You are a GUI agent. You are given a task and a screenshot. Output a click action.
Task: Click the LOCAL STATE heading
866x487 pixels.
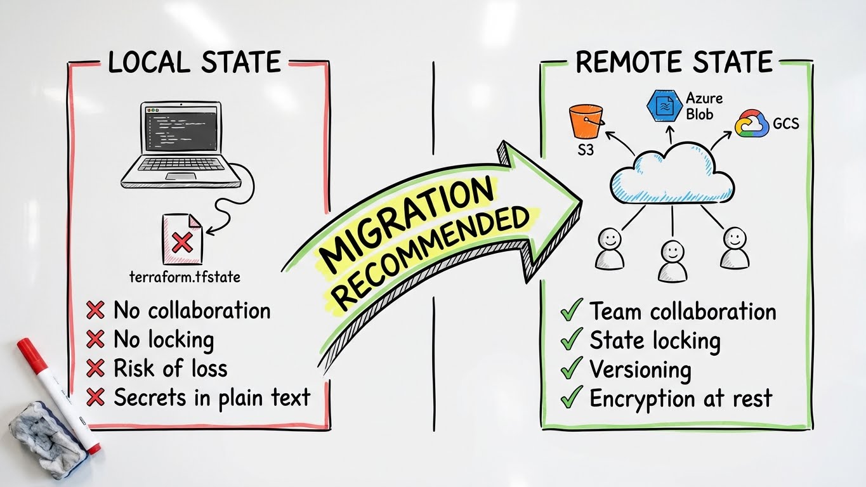194,62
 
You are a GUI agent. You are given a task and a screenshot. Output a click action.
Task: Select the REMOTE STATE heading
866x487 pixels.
674,62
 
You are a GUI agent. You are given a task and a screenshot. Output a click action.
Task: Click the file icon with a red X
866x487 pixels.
182,239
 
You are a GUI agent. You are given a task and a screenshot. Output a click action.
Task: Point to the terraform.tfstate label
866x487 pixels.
185,277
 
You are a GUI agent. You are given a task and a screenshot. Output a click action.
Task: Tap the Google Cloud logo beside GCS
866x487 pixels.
752,123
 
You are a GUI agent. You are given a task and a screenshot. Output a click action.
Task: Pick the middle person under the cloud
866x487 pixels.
672,260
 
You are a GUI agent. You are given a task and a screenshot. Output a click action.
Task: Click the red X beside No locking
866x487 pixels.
95,340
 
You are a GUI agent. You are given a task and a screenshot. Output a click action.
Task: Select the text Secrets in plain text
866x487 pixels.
212,398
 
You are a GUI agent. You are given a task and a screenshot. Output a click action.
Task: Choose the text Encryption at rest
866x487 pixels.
681,398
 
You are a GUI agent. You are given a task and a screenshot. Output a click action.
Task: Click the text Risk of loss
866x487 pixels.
170,368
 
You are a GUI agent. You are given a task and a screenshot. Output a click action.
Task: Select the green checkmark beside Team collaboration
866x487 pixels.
572,311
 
